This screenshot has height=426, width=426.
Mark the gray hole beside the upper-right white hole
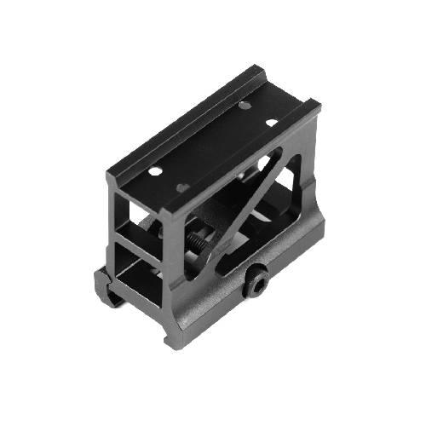tap(245, 106)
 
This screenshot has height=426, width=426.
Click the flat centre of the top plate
tap(213, 145)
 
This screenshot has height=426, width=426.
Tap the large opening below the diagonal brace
tap(256, 247)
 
